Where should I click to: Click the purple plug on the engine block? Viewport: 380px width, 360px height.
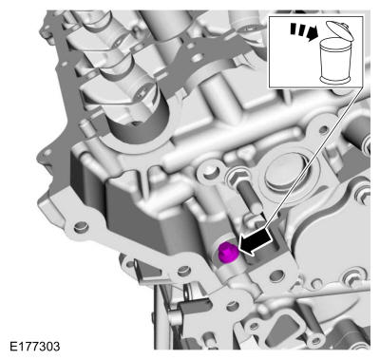pos(227,254)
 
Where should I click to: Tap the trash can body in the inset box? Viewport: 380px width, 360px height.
pos(337,61)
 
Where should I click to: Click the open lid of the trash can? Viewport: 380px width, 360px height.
pos(339,30)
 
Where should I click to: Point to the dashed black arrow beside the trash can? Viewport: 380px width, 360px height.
pos(304,31)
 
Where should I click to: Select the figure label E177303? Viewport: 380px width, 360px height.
pos(34,346)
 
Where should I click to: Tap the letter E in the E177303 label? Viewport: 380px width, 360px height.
pos(13,346)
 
